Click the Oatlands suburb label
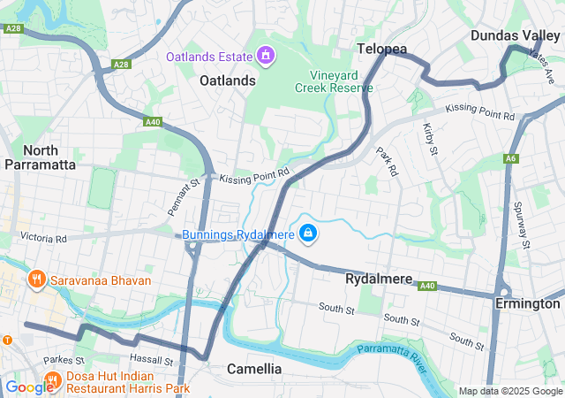pos(227,80)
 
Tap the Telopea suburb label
pos(381,49)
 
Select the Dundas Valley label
pos(516,34)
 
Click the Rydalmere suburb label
pos(378,279)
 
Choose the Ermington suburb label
pos(528,303)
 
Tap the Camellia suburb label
pos(254,368)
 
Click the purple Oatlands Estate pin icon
pos(265,57)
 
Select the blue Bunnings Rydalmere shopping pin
pos(308,233)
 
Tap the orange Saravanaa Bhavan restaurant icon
pos(36,280)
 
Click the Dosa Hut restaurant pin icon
pos(52,380)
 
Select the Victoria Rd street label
pos(43,239)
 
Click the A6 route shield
pos(511,158)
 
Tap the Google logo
pos(29,387)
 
